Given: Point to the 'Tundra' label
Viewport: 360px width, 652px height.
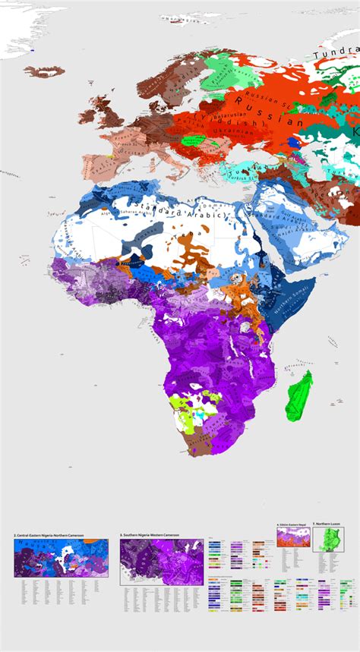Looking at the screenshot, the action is point(334,52).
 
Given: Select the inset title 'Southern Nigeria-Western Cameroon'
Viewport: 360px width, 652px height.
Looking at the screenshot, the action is point(150,537).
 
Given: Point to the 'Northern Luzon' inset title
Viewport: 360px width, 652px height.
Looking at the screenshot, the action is point(332,524).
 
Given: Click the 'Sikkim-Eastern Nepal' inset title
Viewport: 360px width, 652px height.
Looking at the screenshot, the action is point(292,524).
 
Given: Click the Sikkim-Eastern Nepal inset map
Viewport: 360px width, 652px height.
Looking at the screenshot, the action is point(292,537).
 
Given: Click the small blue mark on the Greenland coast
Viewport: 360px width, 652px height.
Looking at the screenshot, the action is point(32,51).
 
